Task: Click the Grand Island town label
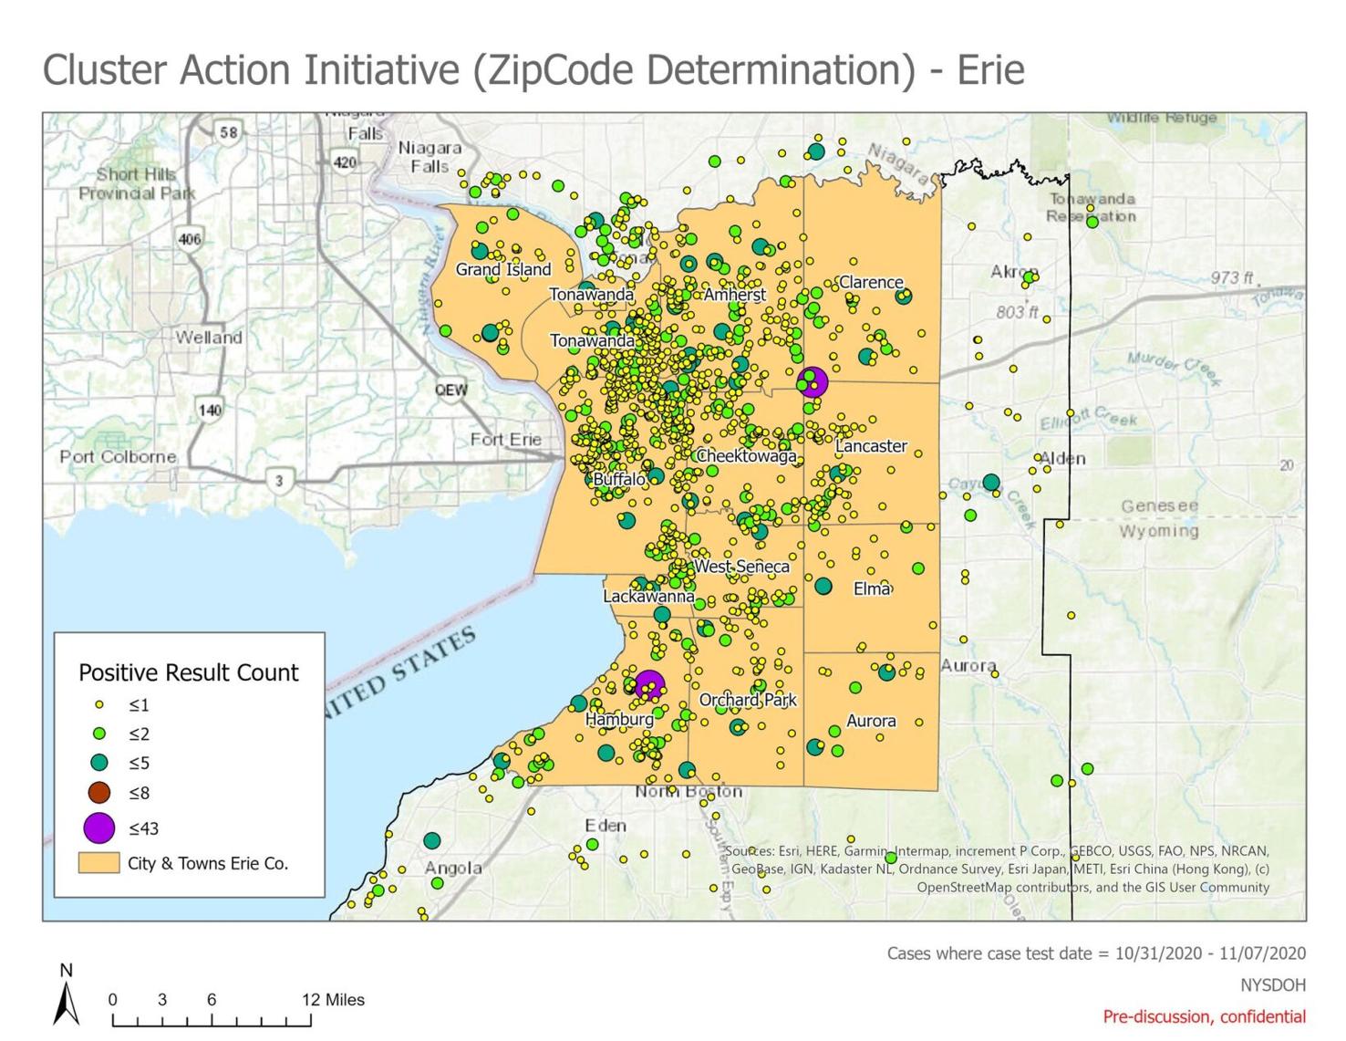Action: pos(503,270)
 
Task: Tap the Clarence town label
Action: pos(871,283)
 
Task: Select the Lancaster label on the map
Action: pos(871,446)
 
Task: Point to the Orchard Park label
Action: pos(748,700)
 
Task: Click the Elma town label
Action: pos(871,589)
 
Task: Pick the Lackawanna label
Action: pos(648,597)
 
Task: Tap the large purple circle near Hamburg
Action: pos(649,684)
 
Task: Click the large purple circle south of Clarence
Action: pos(813,382)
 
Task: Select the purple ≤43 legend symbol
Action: pos(99,828)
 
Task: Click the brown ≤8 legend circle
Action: pos(99,793)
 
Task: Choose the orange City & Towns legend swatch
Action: pos(99,863)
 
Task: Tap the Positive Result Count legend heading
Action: pos(189,673)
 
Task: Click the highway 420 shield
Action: pos(345,163)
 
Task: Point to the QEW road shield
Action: pos(450,390)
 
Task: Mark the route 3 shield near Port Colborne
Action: pos(279,481)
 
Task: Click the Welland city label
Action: pos(209,338)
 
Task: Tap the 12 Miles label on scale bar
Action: pos(333,1000)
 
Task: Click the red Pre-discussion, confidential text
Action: pos(1204,1016)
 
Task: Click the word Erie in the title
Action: pos(991,70)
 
